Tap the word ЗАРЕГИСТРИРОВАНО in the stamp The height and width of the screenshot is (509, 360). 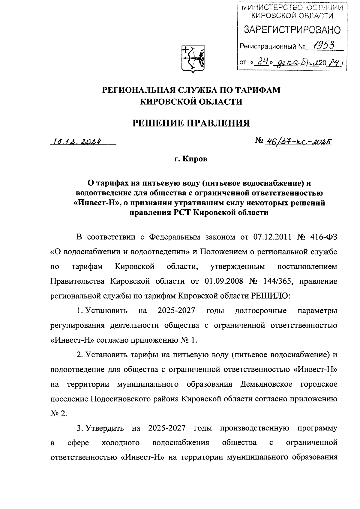[x=292, y=30]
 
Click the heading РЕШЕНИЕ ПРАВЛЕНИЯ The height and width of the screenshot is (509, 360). [x=191, y=123]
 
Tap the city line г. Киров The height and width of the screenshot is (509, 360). [x=191, y=159]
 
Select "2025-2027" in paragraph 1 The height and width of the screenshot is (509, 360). [x=176, y=311]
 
